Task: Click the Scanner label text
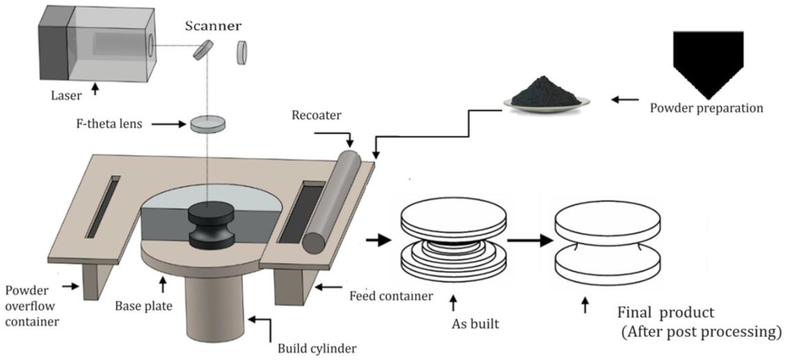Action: pyautogui.click(x=213, y=26)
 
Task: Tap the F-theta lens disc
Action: pyautogui.click(x=208, y=124)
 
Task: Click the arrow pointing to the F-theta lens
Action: pyautogui.click(x=168, y=124)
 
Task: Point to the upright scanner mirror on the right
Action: pyautogui.click(x=242, y=53)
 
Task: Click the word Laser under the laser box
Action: pyautogui.click(x=66, y=96)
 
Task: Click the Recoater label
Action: pyautogui.click(x=316, y=115)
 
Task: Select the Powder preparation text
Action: pyautogui.click(x=706, y=108)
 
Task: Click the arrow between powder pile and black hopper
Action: pyautogui.click(x=625, y=99)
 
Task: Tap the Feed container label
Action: pyautogui.click(x=391, y=296)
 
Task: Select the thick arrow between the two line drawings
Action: pyautogui.click(x=530, y=241)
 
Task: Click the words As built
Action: pyautogui.click(x=475, y=324)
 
